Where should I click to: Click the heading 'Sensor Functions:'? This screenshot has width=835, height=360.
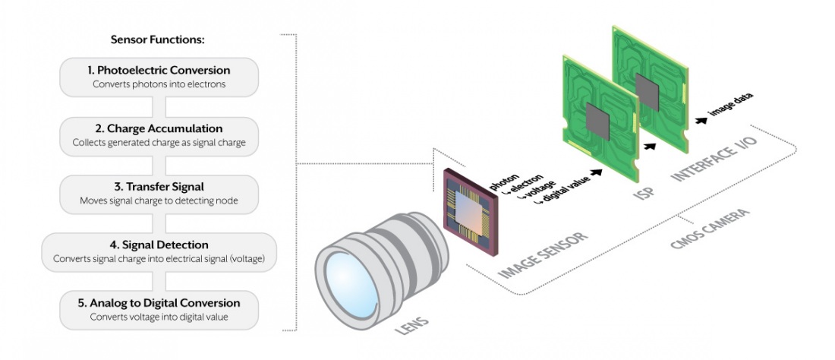(x=159, y=39)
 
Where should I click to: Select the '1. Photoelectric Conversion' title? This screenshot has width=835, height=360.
(x=159, y=71)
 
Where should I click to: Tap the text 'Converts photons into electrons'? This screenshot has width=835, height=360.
(x=159, y=84)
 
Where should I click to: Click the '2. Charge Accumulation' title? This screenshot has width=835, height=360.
(x=159, y=129)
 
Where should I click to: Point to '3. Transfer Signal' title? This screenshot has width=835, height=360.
(x=159, y=188)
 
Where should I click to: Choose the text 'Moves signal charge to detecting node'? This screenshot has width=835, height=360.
(x=159, y=201)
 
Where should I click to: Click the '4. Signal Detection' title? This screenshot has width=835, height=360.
(x=159, y=245)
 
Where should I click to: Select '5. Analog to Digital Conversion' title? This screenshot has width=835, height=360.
(x=159, y=303)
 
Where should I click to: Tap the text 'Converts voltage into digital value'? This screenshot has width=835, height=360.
(x=159, y=317)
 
